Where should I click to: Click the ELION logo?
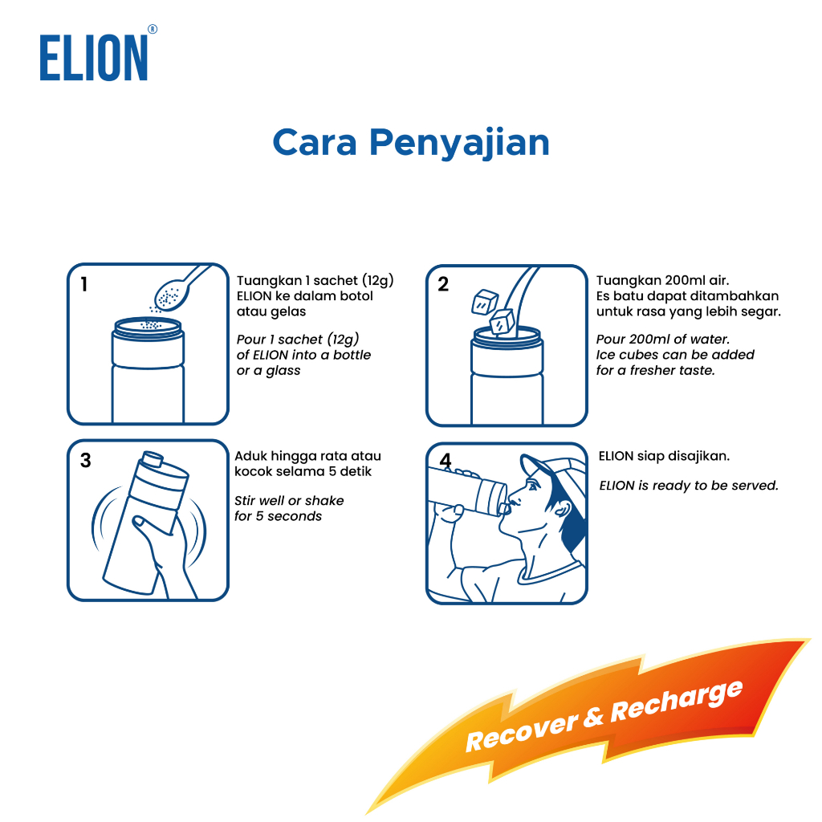(x=98, y=54)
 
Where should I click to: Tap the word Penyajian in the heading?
(x=459, y=143)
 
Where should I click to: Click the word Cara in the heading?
(x=315, y=143)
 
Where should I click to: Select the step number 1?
(x=83, y=284)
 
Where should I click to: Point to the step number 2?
(x=443, y=284)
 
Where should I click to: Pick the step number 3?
(x=85, y=460)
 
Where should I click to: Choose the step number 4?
(x=445, y=461)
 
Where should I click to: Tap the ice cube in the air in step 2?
(x=484, y=302)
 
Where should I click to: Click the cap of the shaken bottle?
(x=153, y=458)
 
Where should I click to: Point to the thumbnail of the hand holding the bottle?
(x=140, y=521)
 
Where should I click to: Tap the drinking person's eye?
(x=534, y=486)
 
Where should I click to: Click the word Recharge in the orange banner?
(x=676, y=702)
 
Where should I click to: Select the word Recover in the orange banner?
(x=522, y=732)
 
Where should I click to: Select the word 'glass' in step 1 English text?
(x=283, y=371)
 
